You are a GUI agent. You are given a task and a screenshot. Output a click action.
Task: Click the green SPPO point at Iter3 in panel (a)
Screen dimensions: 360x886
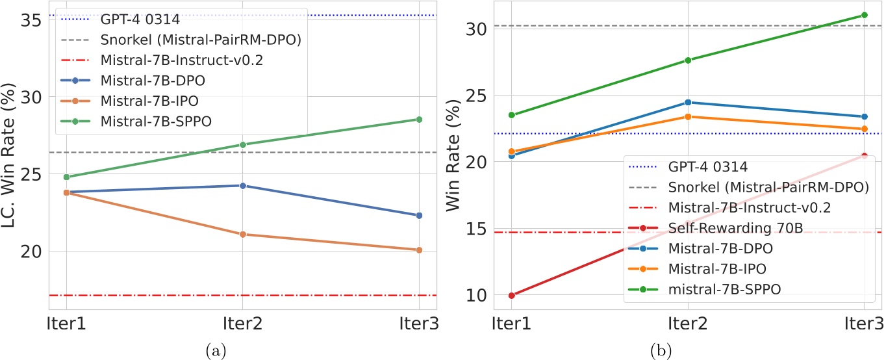pos(419,120)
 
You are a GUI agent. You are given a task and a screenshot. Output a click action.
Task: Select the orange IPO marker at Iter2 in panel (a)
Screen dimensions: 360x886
pos(243,234)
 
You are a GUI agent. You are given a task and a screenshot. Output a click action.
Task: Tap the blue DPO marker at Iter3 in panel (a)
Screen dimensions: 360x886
pos(419,215)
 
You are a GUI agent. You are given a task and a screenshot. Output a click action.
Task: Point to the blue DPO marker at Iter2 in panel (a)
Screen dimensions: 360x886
pos(243,186)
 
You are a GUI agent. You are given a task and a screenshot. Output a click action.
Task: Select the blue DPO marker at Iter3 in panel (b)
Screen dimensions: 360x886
pos(864,117)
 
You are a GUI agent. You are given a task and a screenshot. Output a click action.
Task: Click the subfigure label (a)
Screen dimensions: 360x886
pos(215,352)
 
